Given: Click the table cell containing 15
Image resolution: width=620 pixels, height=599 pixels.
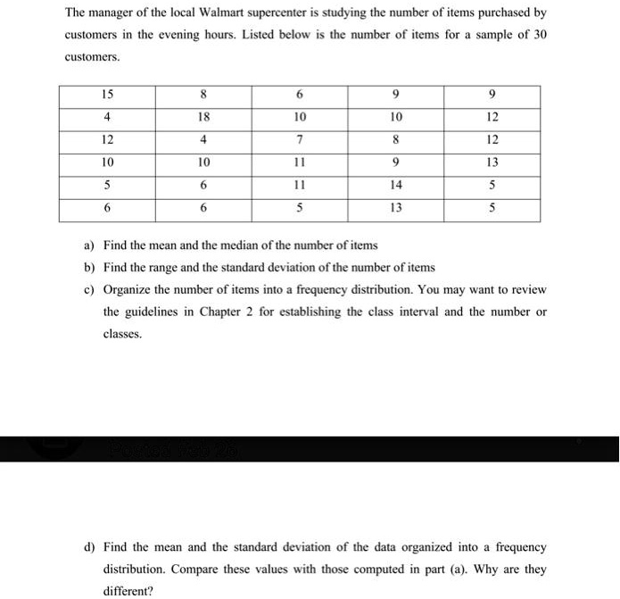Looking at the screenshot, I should (107, 95).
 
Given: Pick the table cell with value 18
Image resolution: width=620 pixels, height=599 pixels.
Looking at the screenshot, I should (203, 117).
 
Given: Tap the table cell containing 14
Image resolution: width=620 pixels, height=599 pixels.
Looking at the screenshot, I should (396, 186).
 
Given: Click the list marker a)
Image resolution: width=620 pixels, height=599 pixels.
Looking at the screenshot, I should (88, 245).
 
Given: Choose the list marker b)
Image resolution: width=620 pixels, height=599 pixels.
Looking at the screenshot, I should (88, 267).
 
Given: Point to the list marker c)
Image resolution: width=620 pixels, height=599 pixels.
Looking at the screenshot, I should (88, 289).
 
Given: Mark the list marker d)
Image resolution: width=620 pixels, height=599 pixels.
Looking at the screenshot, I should (88, 547).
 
